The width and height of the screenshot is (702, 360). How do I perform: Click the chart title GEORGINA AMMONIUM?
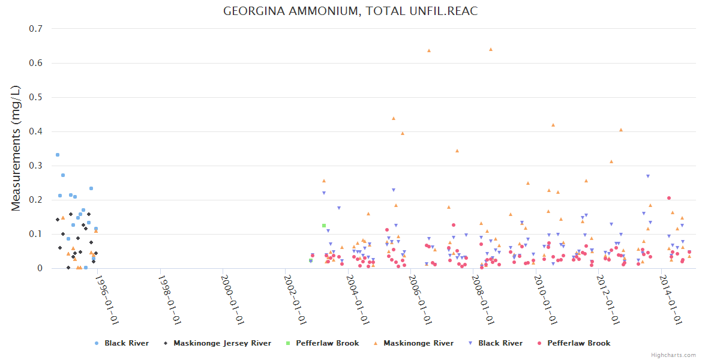(x=350, y=11)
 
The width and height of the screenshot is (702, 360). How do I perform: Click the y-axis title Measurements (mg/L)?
(x=17, y=148)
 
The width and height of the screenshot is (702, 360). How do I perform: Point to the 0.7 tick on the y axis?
(x=35, y=29)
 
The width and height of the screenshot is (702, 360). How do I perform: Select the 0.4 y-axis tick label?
(x=35, y=131)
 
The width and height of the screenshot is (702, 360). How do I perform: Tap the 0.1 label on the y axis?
(x=35, y=234)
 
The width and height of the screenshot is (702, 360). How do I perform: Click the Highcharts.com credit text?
(x=673, y=355)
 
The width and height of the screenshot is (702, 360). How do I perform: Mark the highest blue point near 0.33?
(x=58, y=155)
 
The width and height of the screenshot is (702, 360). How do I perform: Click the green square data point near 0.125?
(x=324, y=226)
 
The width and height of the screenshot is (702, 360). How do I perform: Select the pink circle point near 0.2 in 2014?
(x=669, y=198)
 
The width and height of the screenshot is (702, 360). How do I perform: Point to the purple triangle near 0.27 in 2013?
(x=648, y=176)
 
